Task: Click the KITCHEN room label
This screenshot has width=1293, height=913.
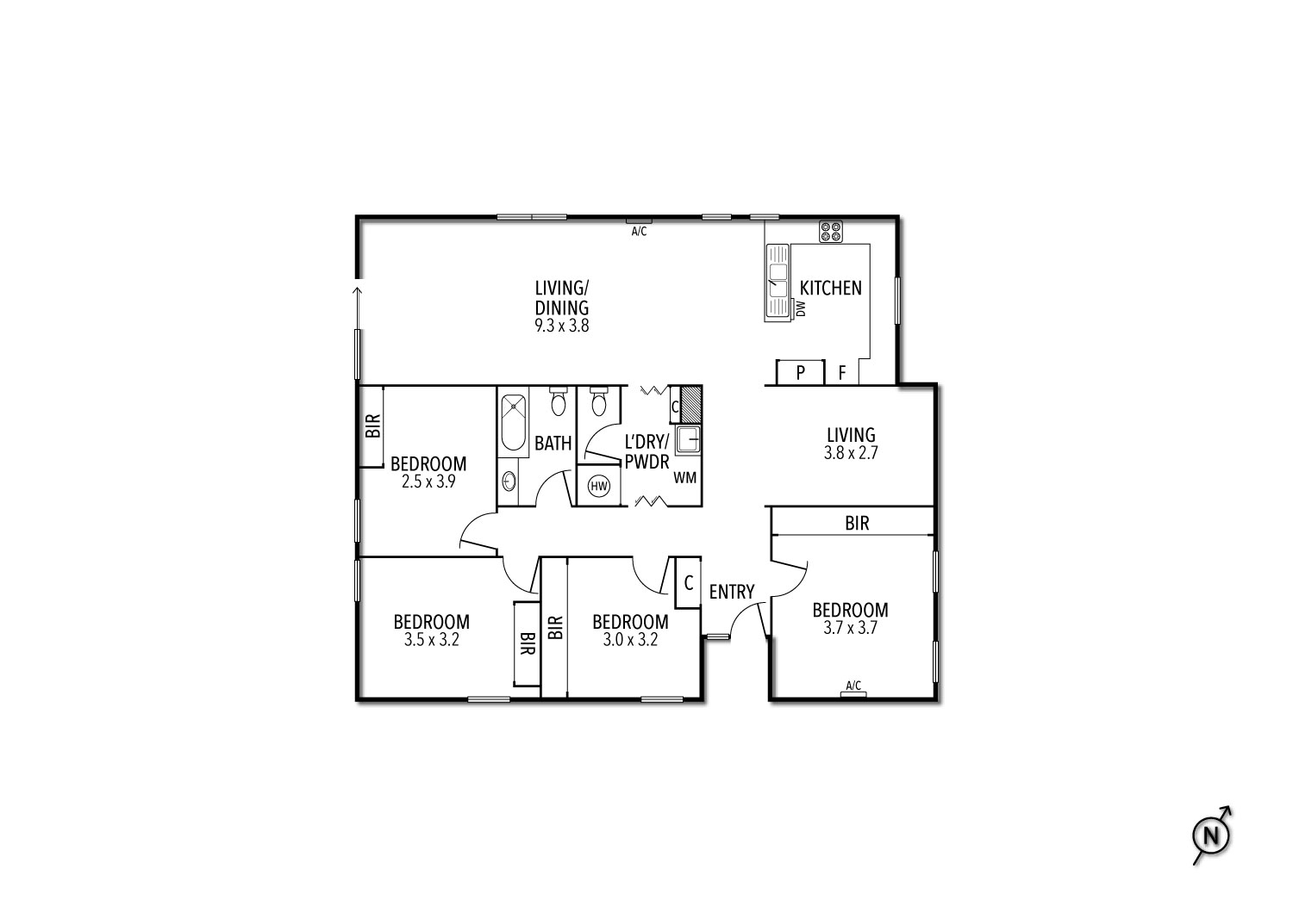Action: [x=830, y=288]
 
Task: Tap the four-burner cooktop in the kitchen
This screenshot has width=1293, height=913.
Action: [x=831, y=232]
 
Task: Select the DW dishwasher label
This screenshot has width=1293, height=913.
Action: [x=801, y=308]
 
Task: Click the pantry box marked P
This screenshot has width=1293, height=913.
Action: [x=800, y=372]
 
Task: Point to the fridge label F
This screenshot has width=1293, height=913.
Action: [x=841, y=373]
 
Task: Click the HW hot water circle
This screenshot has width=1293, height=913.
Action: [x=598, y=486]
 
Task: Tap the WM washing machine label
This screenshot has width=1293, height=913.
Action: [x=685, y=477]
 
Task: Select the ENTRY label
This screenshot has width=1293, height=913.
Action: [x=731, y=592]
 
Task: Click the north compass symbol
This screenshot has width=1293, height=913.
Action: [x=1211, y=835]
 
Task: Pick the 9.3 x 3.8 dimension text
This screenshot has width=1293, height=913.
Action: [x=562, y=326]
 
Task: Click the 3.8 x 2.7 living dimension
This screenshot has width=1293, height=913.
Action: [x=851, y=453]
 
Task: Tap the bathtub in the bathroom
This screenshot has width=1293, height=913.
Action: [x=513, y=422]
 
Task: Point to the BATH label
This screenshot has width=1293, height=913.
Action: [x=553, y=443]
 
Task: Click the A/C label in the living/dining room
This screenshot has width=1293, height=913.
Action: [x=639, y=232]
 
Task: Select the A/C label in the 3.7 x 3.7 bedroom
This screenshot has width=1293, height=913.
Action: [x=853, y=686]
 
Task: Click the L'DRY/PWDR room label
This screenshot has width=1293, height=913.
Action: [x=646, y=451]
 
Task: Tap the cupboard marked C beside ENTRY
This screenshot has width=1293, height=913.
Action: [x=688, y=582]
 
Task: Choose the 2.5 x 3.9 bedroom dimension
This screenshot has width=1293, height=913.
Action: [x=429, y=481]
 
